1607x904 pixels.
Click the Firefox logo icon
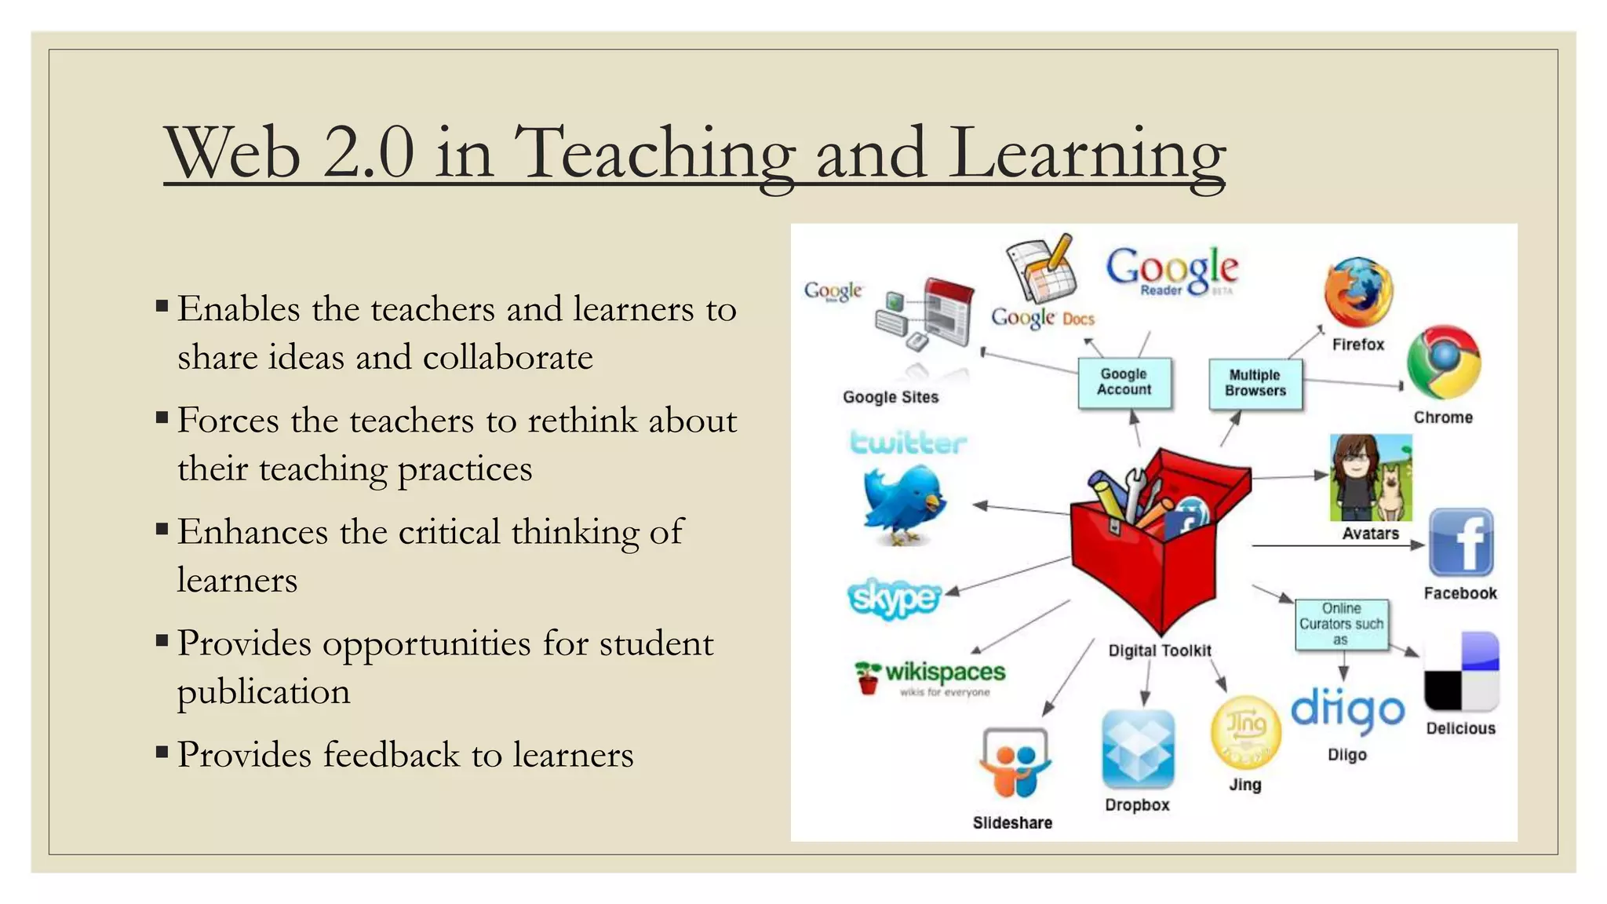coord(1358,292)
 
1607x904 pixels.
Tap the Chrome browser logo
coord(1443,363)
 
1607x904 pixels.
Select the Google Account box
coord(1124,383)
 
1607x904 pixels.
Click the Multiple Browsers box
coord(1255,384)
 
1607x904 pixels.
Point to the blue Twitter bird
coord(904,503)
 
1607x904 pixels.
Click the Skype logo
coord(894,600)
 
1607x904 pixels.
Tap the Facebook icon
coord(1460,543)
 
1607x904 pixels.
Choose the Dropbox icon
coord(1138,749)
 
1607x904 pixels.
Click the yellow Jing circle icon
coord(1245,731)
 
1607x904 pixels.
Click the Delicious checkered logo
coord(1461,672)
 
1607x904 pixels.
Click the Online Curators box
coord(1341,625)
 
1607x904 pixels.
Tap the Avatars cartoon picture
coord(1371,478)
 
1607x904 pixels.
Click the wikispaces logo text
coord(945,673)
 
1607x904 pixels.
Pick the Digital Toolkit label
coord(1160,651)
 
